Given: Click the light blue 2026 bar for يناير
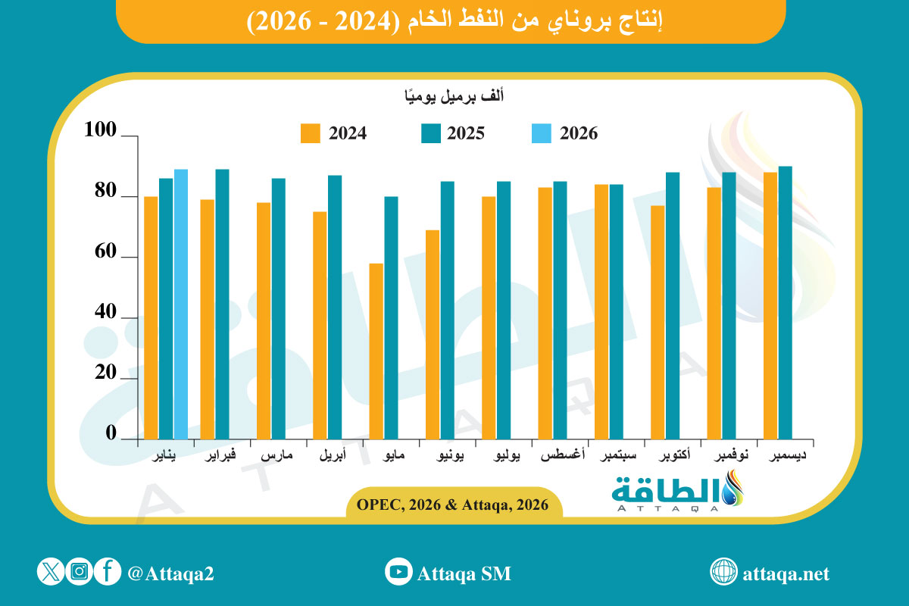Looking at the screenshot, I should tap(181, 304).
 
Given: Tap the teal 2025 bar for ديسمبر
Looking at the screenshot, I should tap(786, 302).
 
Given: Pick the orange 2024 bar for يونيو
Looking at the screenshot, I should tap(433, 334).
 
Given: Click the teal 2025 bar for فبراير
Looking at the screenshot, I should tap(222, 304).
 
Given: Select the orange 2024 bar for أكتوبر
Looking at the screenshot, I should tap(658, 322).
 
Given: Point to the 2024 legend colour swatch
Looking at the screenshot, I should tap(311, 133).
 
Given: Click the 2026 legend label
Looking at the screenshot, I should tap(579, 134).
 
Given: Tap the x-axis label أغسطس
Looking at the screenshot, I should tap(561, 458).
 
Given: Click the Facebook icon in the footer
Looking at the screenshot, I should tap(108, 572).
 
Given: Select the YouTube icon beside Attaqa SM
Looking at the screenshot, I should tap(398, 572).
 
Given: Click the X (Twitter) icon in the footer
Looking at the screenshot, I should tap(50, 572).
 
